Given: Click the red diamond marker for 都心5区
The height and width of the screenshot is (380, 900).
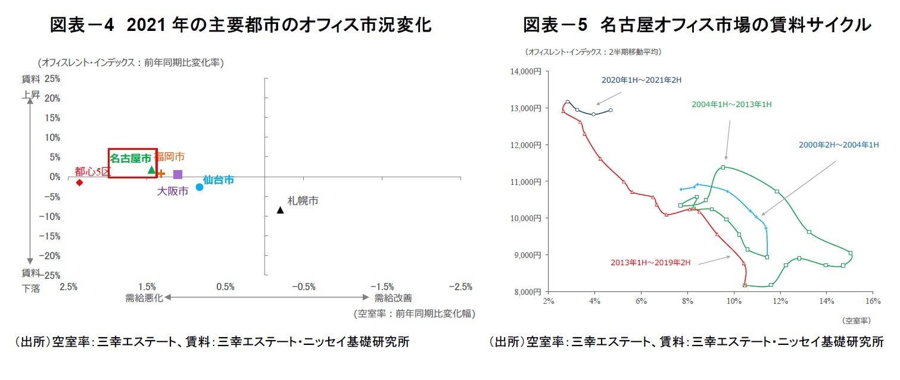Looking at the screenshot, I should (x=79, y=182).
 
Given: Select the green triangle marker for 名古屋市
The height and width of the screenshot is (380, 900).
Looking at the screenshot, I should (x=151, y=170).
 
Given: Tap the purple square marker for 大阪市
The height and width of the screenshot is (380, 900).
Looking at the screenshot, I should (x=177, y=174).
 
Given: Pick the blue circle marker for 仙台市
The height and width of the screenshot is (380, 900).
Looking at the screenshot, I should (x=200, y=187).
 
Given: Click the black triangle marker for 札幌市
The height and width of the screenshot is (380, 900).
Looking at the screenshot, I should (x=280, y=210).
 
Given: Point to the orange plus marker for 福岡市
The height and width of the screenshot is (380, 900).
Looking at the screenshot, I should (x=161, y=174).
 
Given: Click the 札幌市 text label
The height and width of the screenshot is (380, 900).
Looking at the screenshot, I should (x=303, y=201).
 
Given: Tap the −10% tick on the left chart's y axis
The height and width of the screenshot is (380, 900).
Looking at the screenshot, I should (x=48, y=216).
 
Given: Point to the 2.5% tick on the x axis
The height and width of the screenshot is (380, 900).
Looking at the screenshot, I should (x=68, y=287).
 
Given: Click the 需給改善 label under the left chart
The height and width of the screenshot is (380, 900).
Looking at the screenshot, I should (x=393, y=298).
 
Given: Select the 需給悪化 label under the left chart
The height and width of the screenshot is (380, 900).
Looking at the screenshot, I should (x=144, y=298).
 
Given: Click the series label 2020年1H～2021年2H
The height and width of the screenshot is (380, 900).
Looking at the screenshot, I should (x=640, y=80).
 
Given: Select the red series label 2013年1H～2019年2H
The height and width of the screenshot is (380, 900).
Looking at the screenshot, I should (x=650, y=262).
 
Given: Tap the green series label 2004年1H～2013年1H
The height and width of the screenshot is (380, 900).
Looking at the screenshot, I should (x=731, y=104).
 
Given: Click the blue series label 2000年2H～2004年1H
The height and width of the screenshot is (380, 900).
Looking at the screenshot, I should (x=839, y=145).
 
